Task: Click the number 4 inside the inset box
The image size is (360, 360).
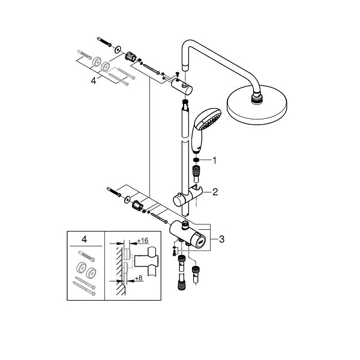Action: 84,240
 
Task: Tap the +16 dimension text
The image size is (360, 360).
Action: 142,241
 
